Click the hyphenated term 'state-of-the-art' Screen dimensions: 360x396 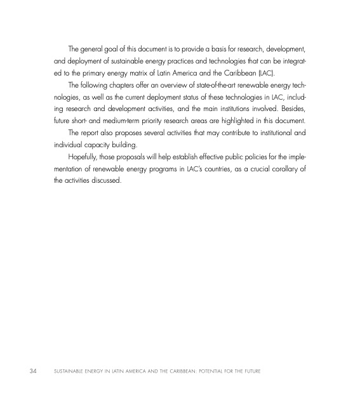coord(202,89)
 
